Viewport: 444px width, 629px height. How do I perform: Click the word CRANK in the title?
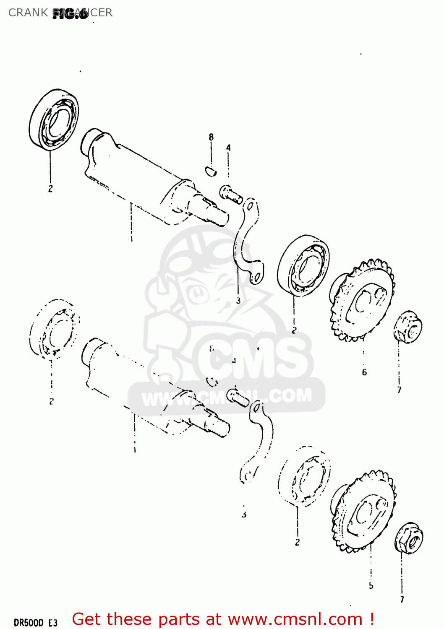pyautogui.click(x=28, y=13)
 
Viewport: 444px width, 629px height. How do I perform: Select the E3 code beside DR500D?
pyautogui.click(x=52, y=622)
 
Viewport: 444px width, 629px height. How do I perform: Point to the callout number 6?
pyautogui.click(x=364, y=372)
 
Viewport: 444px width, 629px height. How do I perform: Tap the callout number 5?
pyautogui.click(x=371, y=585)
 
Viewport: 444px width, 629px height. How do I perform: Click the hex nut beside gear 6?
pyautogui.click(x=407, y=327)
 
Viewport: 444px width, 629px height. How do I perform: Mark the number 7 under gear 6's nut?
pyautogui.click(x=399, y=390)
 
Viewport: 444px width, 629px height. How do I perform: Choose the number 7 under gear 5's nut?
pyautogui.click(x=402, y=599)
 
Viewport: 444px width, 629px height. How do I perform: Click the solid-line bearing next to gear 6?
pyautogui.click(x=303, y=265)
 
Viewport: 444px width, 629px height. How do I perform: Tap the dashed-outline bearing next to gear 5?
pyautogui.click(x=304, y=475)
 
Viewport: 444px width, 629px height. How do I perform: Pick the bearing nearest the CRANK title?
pyautogui.click(x=54, y=119)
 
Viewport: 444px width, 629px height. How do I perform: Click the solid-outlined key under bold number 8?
pyautogui.click(x=211, y=170)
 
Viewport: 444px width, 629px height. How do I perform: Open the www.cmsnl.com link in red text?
pyautogui.click(x=295, y=619)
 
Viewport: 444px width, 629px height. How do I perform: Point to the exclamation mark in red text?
pyautogui.click(x=372, y=619)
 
